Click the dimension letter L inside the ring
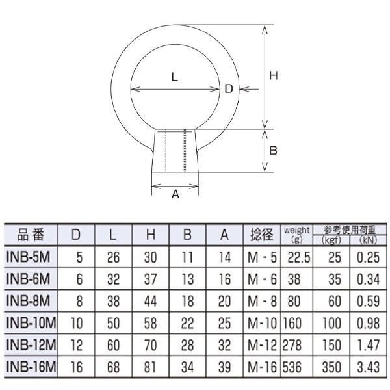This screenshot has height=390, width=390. tap(175, 77)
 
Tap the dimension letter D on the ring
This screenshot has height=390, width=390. tap(228, 90)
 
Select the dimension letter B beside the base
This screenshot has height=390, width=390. tap(274, 150)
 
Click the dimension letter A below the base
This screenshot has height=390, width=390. tap(175, 194)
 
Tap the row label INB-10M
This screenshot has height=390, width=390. tap(31, 322)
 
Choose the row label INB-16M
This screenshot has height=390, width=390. tap(31, 367)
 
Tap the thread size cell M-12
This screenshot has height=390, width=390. tap(262, 345)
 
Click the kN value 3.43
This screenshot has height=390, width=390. tap(368, 367)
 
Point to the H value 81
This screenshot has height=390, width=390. tap(151, 367)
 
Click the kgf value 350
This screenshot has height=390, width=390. tap(332, 367)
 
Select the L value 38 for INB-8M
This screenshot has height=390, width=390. tap(113, 301)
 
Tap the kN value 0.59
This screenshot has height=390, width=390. tap(368, 301)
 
